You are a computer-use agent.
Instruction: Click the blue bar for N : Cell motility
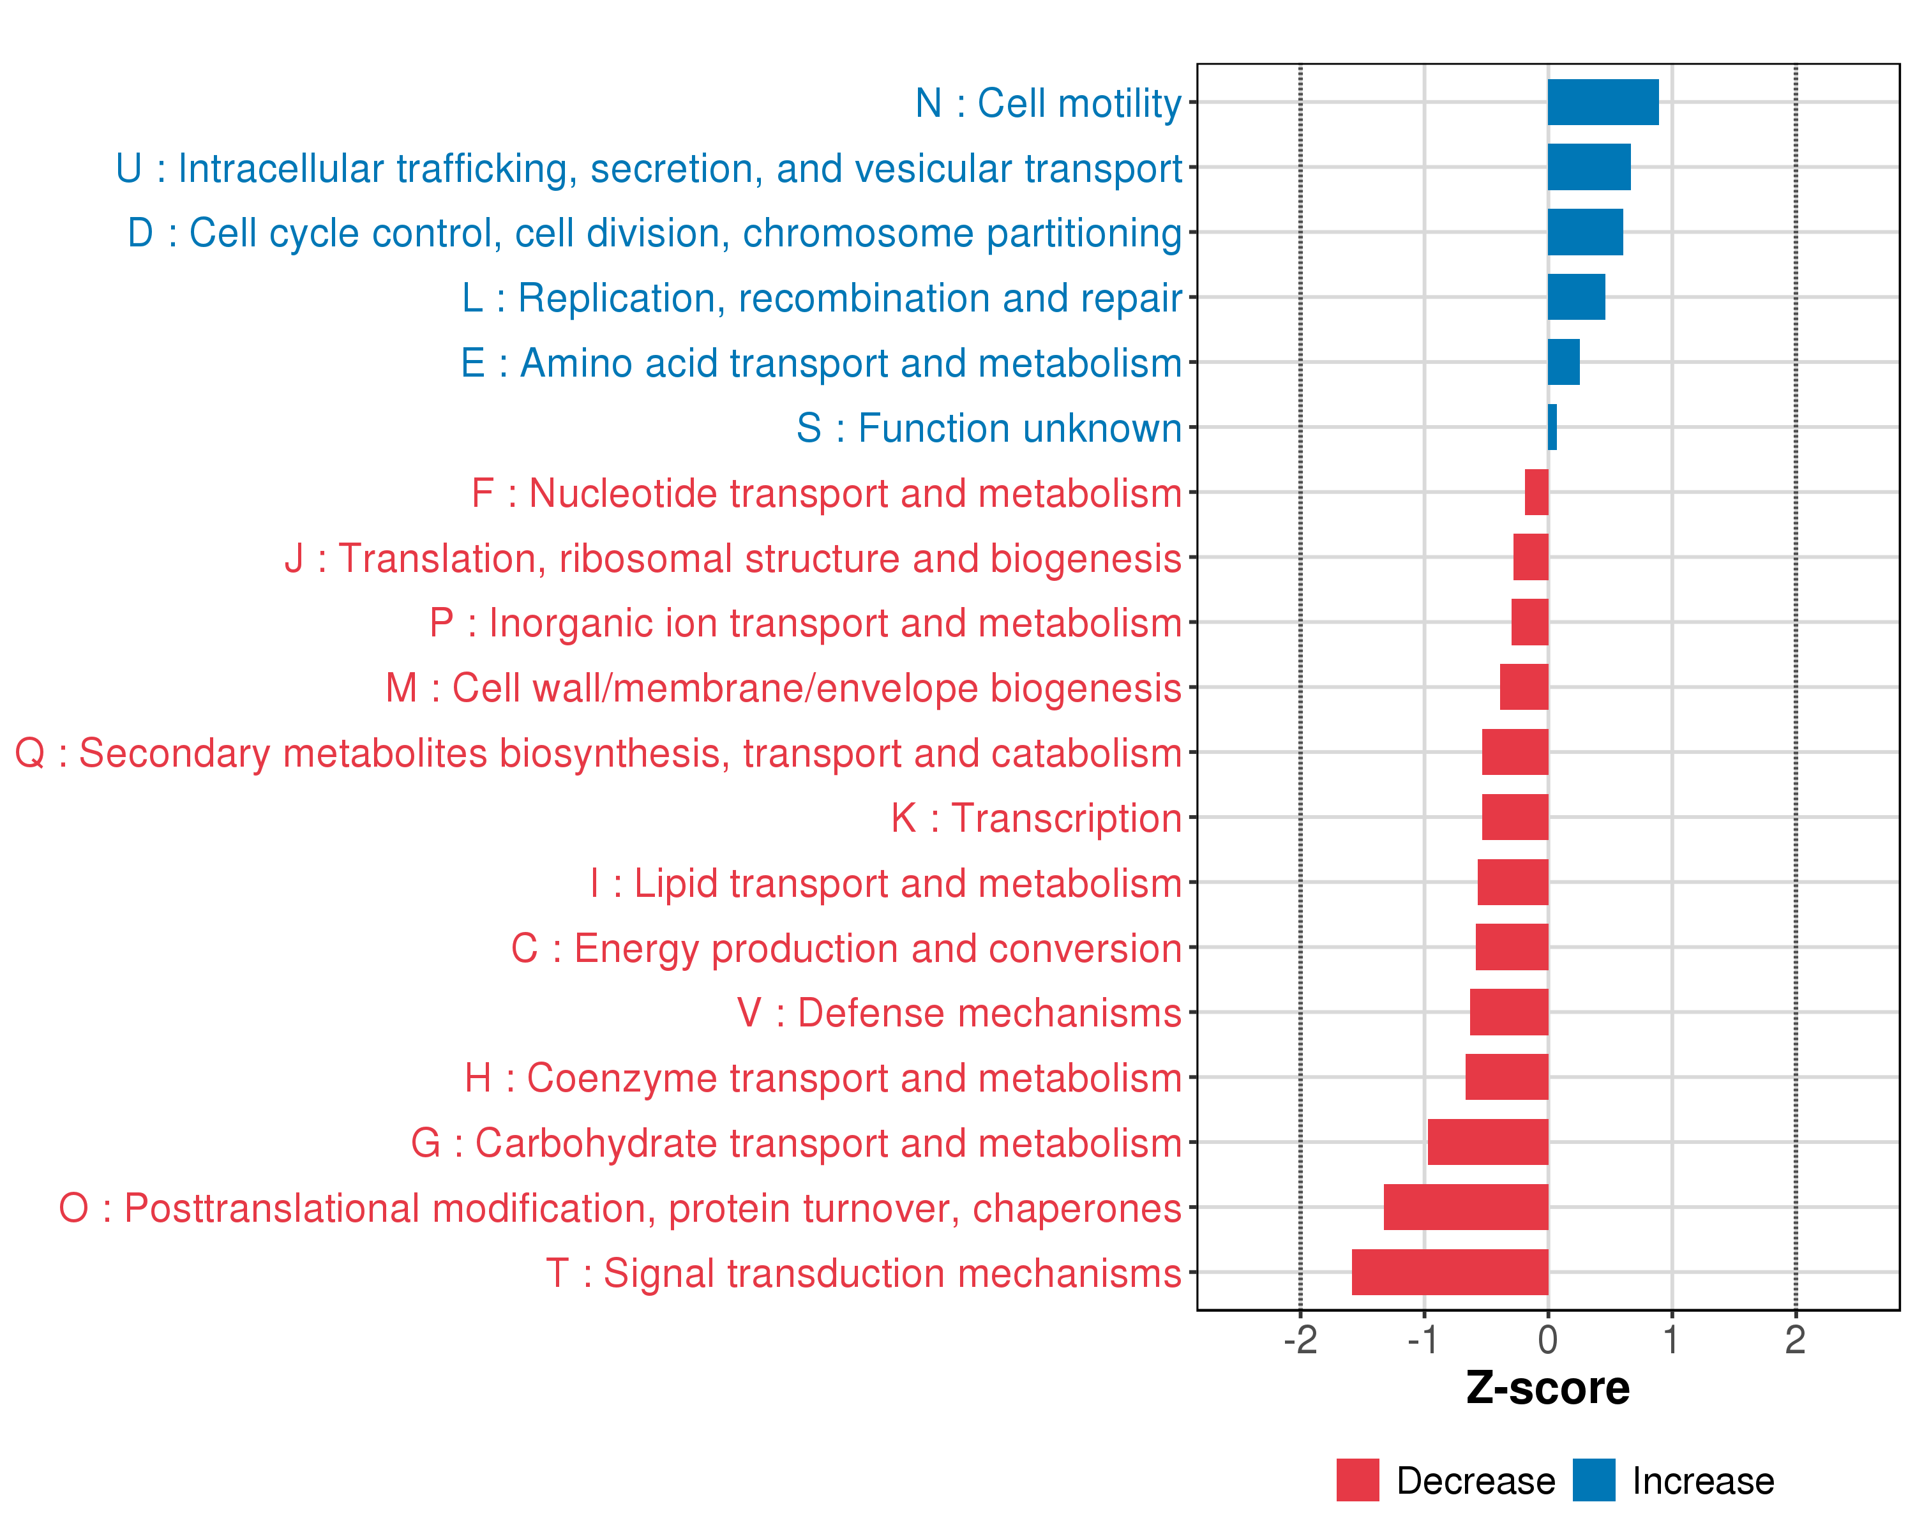(x=1602, y=102)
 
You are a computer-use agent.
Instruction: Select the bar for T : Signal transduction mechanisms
(x=1450, y=1272)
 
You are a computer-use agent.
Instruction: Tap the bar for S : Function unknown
(x=1552, y=427)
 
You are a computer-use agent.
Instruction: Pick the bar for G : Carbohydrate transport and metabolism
(x=1488, y=1142)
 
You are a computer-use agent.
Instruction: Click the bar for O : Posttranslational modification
(x=1466, y=1207)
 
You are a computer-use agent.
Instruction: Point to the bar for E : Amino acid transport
(x=1563, y=363)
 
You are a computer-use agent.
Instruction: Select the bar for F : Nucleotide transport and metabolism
(x=1536, y=492)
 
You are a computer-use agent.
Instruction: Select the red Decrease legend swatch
(x=1357, y=1480)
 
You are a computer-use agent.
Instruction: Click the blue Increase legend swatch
(x=1593, y=1480)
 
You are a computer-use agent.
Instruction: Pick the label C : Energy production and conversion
(x=846, y=948)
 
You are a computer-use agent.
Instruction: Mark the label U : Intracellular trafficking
(x=649, y=168)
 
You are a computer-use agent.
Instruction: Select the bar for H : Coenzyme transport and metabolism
(x=1506, y=1078)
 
